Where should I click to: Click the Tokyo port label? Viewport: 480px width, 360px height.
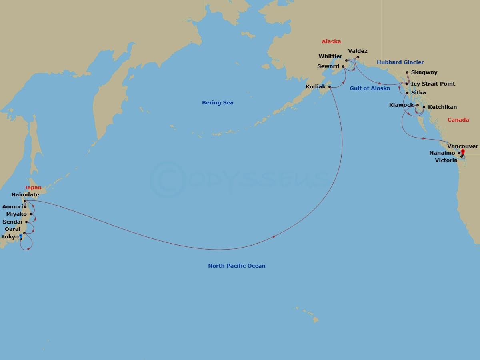[10, 237]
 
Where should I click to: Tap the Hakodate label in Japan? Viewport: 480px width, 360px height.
[25, 195]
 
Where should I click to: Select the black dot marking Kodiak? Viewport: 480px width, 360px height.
[330, 86]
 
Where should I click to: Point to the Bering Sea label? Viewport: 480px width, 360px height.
[218, 103]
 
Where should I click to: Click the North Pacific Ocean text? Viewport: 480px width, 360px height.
[236, 266]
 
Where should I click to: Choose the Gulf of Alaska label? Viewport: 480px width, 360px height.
[370, 88]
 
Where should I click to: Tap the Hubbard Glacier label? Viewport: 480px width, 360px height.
[400, 62]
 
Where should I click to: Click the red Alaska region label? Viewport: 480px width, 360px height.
[331, 42]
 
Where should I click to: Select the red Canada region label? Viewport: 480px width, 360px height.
[458, 120]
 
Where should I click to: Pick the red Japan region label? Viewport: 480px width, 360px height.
[33, 188]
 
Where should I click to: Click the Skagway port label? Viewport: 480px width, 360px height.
[424, 72]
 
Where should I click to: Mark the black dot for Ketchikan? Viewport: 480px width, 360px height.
[424, 107]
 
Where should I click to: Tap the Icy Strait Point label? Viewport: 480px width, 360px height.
[433, 84]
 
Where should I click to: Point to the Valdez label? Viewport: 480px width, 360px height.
[358, 51]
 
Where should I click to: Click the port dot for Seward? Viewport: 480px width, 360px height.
[343, 66]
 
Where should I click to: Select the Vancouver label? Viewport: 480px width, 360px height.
[463, 146]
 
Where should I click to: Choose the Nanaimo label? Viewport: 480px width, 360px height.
[442, 153]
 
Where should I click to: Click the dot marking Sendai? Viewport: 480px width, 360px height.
[26, 222]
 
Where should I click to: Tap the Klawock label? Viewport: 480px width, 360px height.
[401, 105]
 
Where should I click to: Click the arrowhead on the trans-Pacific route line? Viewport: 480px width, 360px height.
[274, 237]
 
